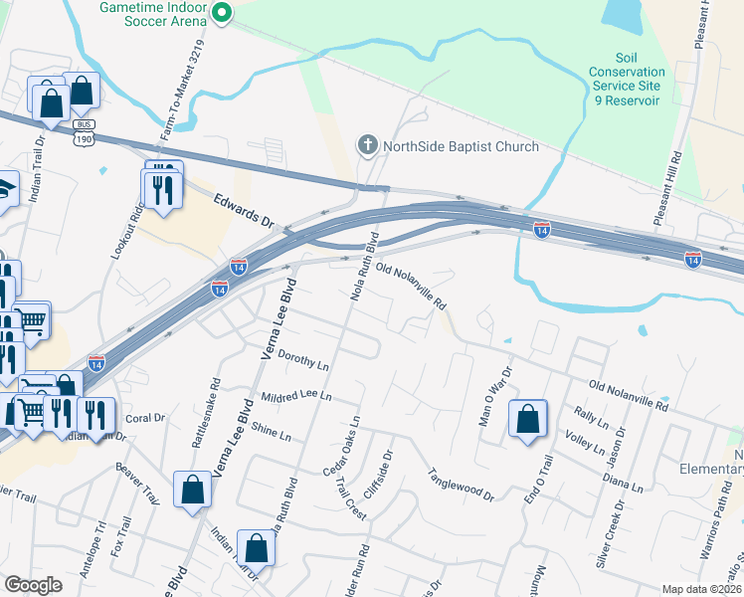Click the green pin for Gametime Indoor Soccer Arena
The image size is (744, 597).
222,13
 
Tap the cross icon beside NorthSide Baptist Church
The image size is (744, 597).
368,146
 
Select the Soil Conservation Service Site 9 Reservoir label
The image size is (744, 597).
626,79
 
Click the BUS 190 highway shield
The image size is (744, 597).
84,133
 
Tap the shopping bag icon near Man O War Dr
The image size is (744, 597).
527,419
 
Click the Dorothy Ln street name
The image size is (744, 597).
302,359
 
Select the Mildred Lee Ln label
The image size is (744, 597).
295,397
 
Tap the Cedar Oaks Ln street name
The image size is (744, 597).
341,444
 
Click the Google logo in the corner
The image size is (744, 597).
33,585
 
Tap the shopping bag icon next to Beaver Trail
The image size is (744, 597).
192,490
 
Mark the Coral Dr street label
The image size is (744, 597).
144,418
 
